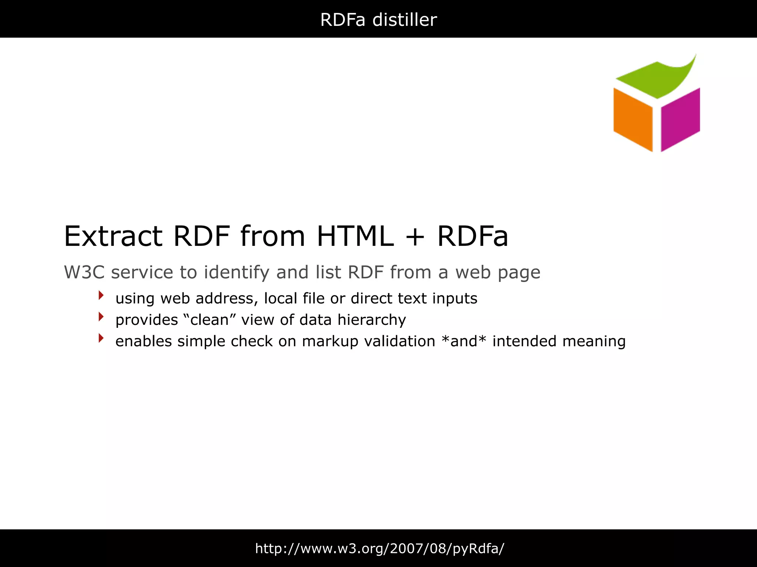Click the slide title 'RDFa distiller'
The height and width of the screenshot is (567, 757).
pos(378,20)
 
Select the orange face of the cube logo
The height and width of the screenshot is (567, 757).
pos(633,118)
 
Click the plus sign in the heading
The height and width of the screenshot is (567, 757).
pos(415,237)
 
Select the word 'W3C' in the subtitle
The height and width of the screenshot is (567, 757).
pos(84,272)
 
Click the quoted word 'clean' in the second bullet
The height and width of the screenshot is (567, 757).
pos(210,320)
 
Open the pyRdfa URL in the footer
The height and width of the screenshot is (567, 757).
pos(380,549)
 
